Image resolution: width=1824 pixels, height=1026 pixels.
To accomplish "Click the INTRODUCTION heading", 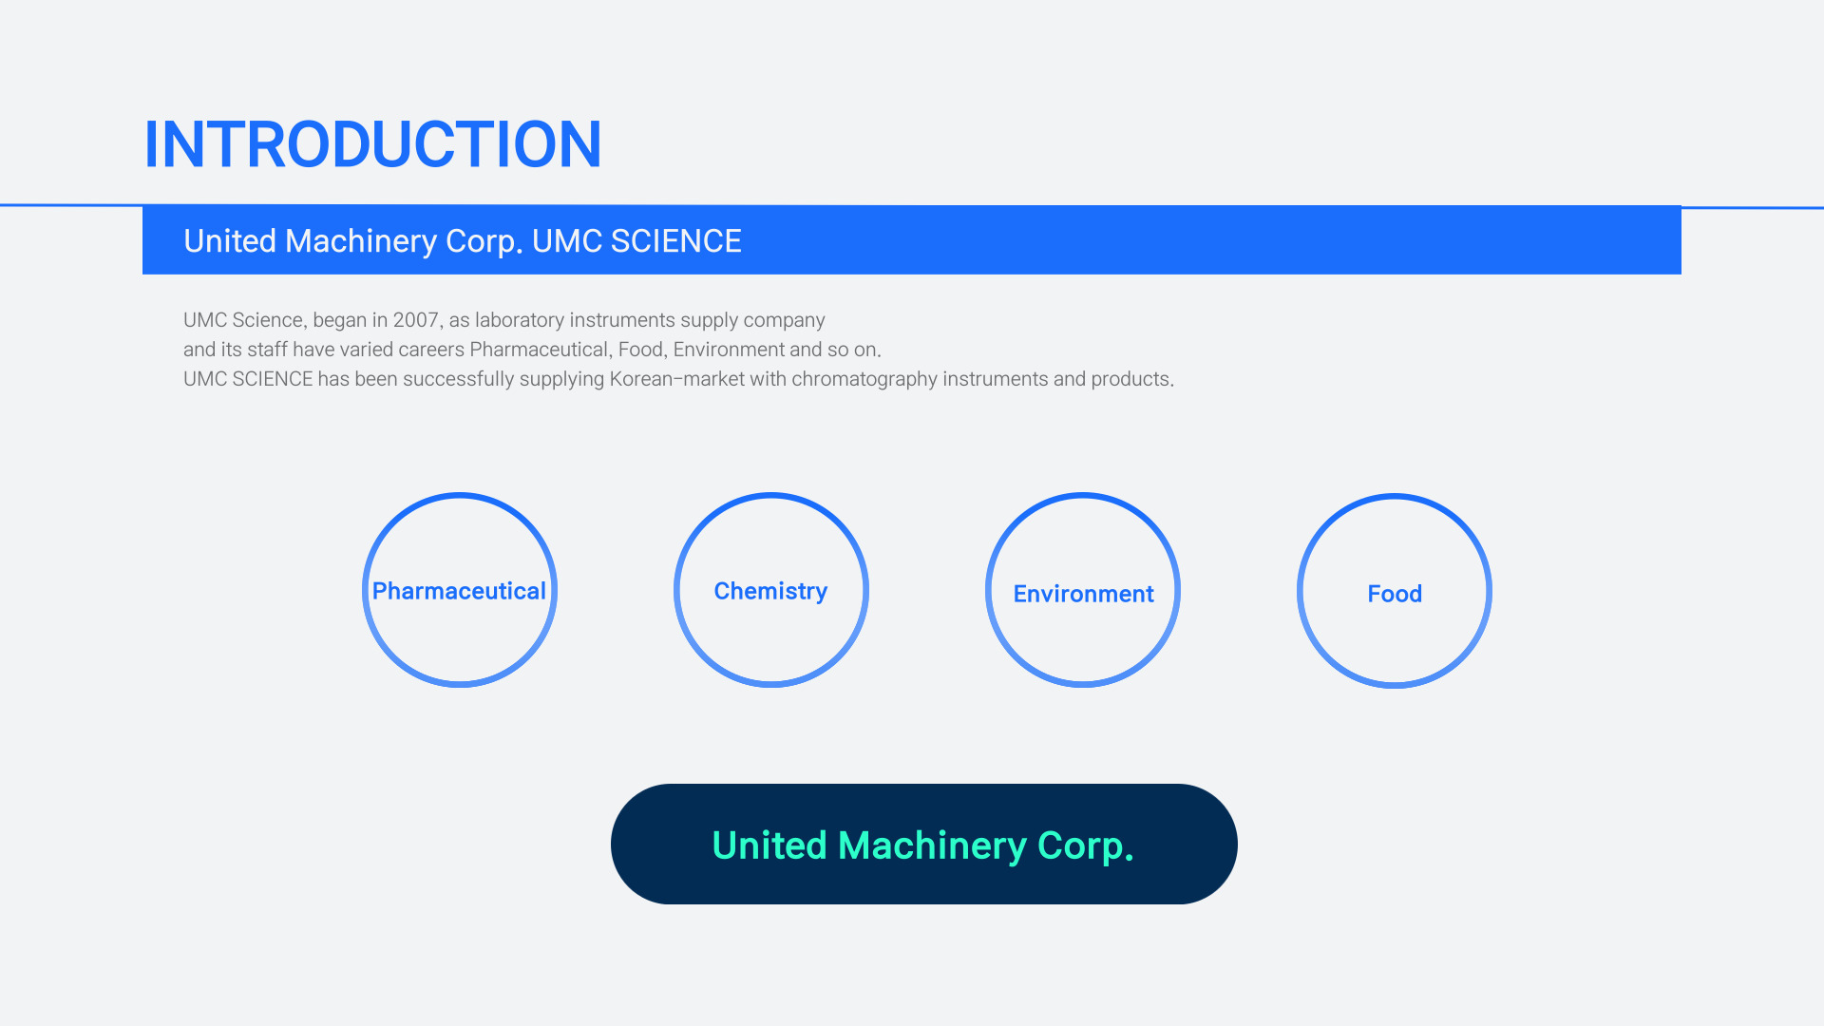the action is pos(372,145).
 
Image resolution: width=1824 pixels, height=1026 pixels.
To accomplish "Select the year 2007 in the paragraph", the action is pos(417,320).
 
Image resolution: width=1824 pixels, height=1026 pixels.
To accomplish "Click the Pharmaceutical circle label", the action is pos(459,591).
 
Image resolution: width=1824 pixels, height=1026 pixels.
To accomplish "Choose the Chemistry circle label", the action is pos(770,591).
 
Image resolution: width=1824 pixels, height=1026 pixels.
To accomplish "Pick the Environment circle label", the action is pos(1083,594).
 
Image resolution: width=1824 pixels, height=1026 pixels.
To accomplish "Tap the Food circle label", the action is pos(1395,594).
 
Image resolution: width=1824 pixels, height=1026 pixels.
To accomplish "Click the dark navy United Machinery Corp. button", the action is pos(923,844).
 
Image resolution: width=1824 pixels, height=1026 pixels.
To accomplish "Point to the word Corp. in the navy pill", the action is pos(1085,845).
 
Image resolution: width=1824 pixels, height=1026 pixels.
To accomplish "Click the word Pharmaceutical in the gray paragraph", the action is pos(539,350).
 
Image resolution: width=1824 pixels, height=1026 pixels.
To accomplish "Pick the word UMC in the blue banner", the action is pos(567,241).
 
